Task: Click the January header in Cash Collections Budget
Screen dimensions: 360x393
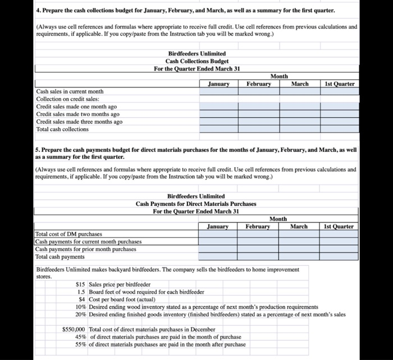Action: tap(218, 84)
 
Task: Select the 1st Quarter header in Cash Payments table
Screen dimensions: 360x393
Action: tap(339, 226)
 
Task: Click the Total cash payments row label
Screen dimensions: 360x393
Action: tap(60, 256)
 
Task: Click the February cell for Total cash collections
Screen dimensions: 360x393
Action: tap(259, 129)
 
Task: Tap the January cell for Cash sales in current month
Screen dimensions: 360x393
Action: tap(218, 91)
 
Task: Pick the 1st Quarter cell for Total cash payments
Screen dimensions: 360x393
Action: tap(339, 256)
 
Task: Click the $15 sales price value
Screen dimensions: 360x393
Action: tap(81, 284)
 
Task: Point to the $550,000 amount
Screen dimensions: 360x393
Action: tap(74, 329)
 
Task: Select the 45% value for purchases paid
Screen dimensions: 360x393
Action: tap(80, 336)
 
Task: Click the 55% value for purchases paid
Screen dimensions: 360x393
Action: tap(80, 344)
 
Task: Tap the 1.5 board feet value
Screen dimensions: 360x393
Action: tap(81, 292)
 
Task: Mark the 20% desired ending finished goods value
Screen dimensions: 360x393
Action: tap(80, 314)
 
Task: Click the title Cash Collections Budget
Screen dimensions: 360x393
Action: tap(196, 61)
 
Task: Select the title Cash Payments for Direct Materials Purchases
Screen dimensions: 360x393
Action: tap(196, 204)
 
